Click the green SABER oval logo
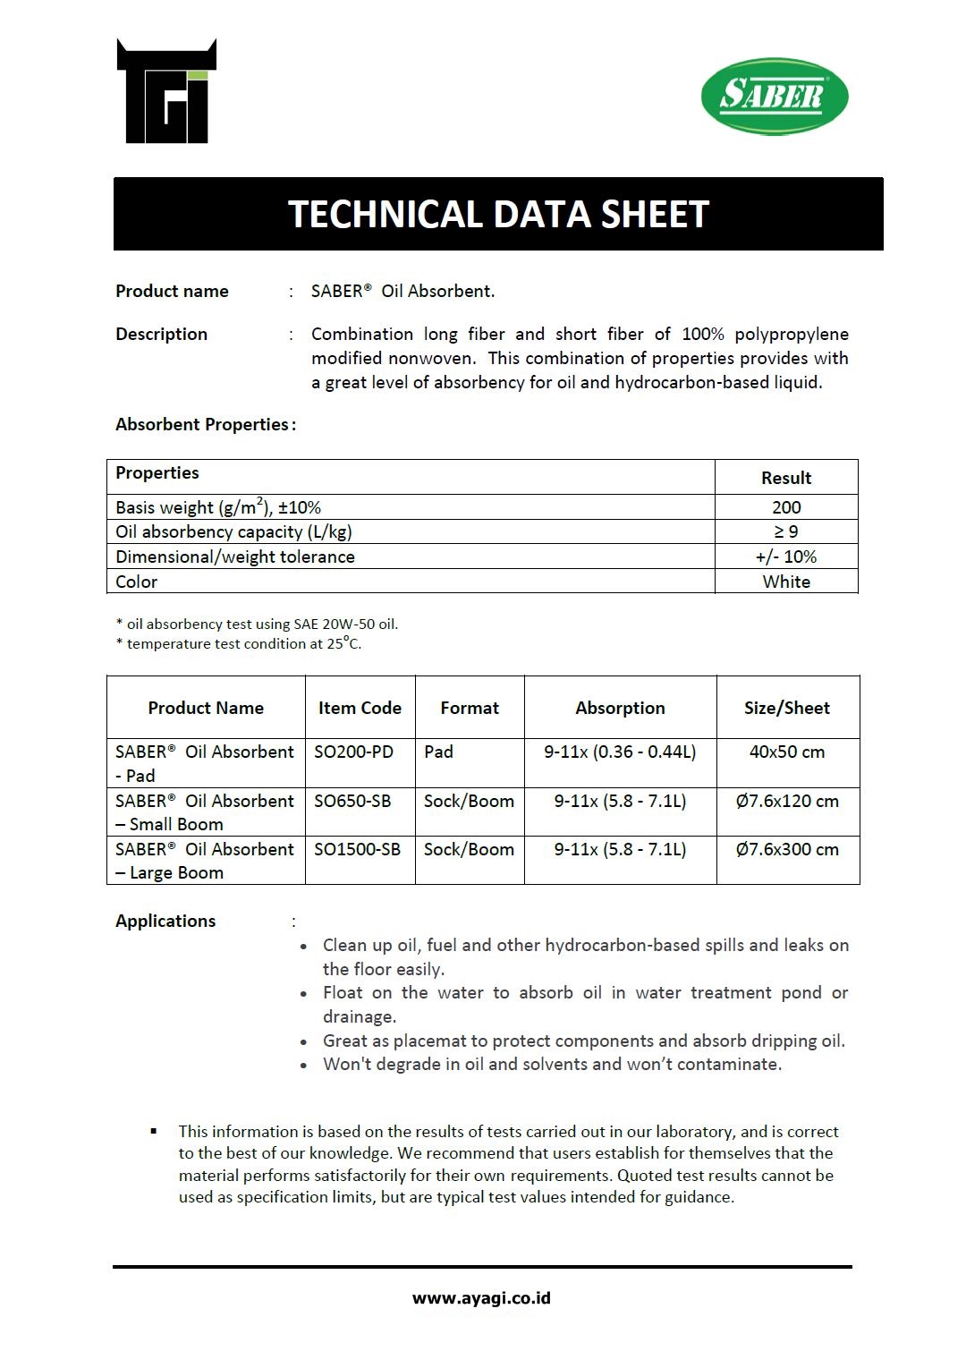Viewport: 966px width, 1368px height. (x=775, y=97)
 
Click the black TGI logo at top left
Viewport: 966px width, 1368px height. (x=166, y=92)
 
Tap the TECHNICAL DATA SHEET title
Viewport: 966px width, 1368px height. (x=498, y=215)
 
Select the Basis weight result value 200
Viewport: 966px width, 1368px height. (x=786, y=507)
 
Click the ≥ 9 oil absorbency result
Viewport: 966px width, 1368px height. (x=786, y=531)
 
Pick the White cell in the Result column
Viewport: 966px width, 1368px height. (x=786, y=582)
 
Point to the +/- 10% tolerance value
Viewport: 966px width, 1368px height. (x=786, y=557)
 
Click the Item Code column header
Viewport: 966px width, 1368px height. (x=360, y=708)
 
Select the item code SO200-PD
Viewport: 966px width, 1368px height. (x=353, y=752)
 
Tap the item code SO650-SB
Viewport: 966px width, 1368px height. (x=352, y=801)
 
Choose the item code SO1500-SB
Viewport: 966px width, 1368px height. (x=357, y=849)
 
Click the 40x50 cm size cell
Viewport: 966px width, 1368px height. (x=787, y=752)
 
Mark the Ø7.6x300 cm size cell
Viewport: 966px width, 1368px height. (x=787, y=849)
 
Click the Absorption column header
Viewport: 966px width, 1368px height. (x=620, y=708)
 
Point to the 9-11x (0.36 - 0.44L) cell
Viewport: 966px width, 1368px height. (x=620, y=752)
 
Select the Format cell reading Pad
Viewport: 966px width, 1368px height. (x=438, y=752)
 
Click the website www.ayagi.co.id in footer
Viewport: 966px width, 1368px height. (x=481, y=1298)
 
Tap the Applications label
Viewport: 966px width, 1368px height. (x=165, y=921)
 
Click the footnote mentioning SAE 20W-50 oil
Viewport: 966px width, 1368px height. (x=258, y=625)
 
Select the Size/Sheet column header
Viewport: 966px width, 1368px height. (x=787, y=708)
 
